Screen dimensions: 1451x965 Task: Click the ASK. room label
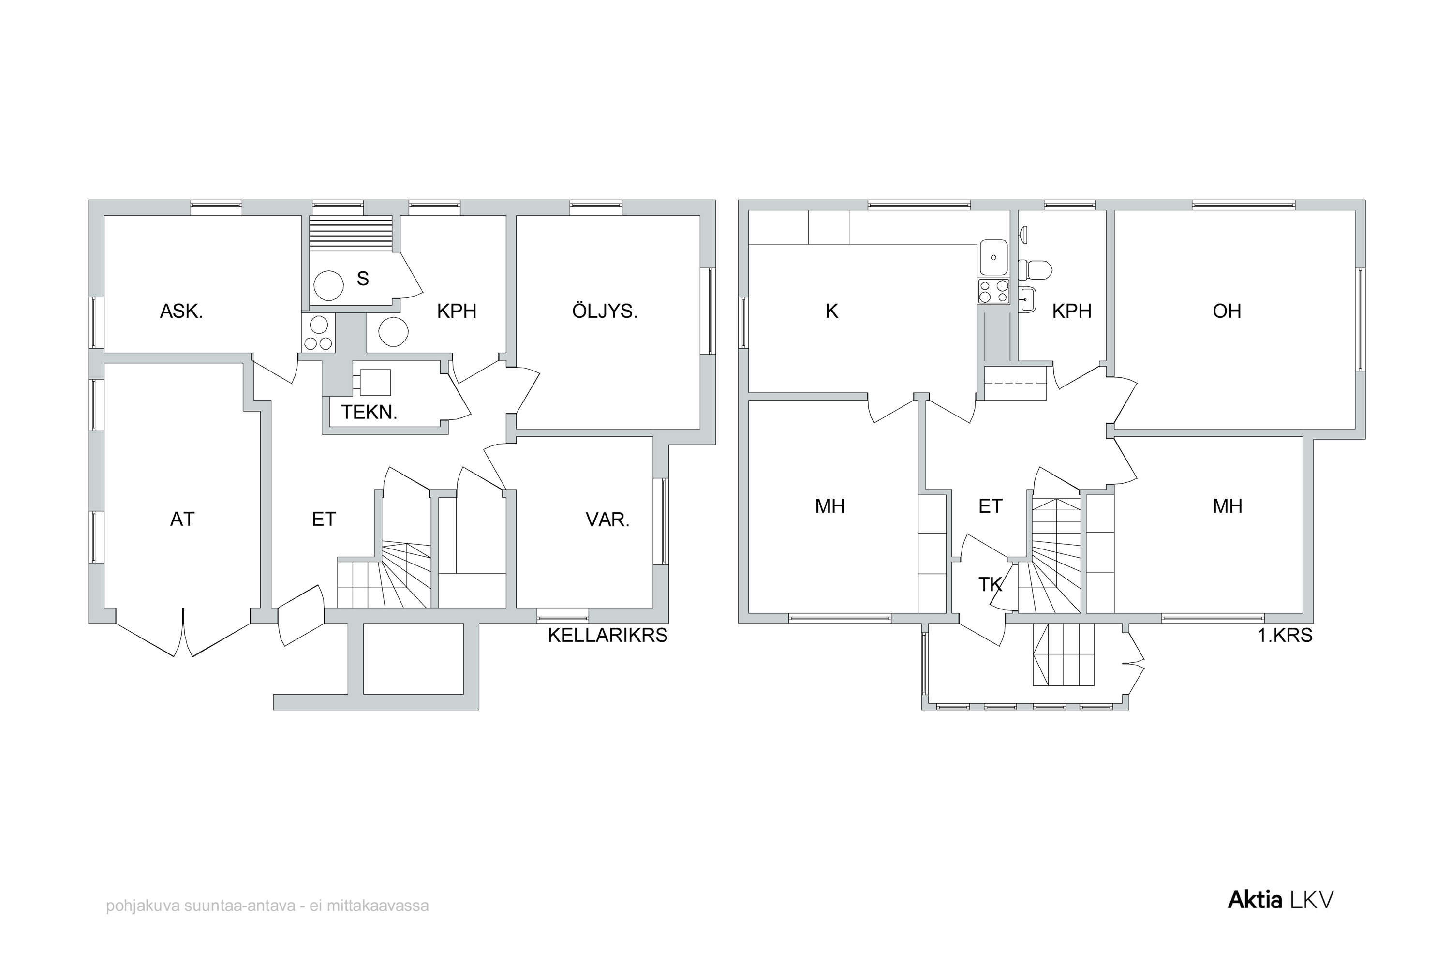tap(181, 312)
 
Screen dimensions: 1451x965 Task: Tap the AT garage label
tap(182, 520)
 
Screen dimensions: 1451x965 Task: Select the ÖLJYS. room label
tap(605, 311)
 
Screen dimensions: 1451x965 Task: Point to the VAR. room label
tap(607, 520)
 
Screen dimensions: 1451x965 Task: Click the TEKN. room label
tap(369, 412)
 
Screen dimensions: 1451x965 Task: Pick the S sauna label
tap(363, 279)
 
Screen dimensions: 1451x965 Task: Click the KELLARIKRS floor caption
tap(607, 635)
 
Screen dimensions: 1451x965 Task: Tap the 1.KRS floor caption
tap(1285, 635)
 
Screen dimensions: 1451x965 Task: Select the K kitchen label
tap(831, 312)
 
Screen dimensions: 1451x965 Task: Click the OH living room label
tap(1227, 312)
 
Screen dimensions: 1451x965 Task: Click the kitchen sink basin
tap(993, 257)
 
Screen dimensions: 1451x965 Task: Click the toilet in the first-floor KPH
tap(1035, 269)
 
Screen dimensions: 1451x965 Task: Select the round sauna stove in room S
tap(328, 285)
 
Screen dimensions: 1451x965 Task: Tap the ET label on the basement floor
tap(324, 520)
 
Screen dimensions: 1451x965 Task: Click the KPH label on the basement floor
tap(457, 312)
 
